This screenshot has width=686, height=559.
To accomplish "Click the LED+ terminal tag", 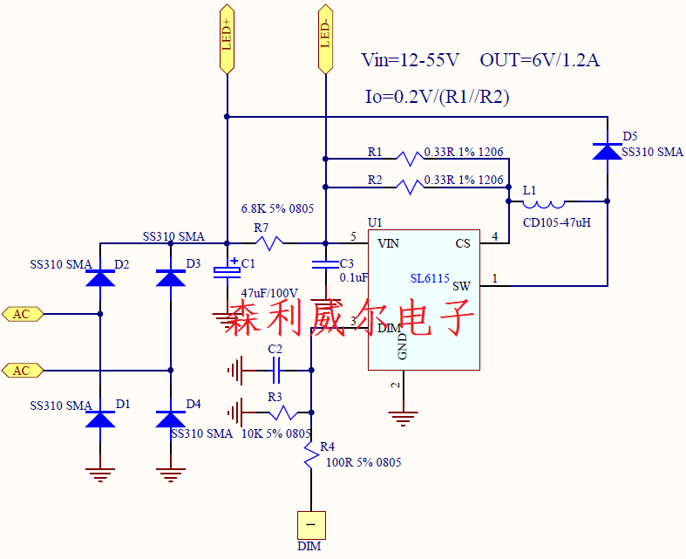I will point(227,38).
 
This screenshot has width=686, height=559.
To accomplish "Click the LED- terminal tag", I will point(324,38).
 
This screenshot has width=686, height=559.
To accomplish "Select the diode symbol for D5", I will point(608,150).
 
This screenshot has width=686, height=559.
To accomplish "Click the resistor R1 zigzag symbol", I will point(409,159).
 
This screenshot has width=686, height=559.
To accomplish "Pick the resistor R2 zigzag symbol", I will point(409,186).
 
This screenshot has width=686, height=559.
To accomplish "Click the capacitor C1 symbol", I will point(227,269).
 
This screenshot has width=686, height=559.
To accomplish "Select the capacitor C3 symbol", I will point(324,265).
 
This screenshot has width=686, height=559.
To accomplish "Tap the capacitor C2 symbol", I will point(276,372).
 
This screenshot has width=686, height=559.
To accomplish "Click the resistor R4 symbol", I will point(311,456).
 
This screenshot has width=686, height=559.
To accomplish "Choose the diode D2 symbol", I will point(100,278).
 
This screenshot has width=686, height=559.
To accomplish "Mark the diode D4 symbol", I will point(170,419).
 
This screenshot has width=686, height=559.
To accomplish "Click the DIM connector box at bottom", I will point(311,524).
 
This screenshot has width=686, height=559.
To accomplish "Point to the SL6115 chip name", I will point(430,279).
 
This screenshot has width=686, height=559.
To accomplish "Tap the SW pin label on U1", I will point(461,286).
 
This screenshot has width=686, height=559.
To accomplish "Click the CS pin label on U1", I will point(463,243).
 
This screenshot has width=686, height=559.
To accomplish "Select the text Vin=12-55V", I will point(410,60).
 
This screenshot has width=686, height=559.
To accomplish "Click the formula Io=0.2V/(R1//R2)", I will point(437,97).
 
